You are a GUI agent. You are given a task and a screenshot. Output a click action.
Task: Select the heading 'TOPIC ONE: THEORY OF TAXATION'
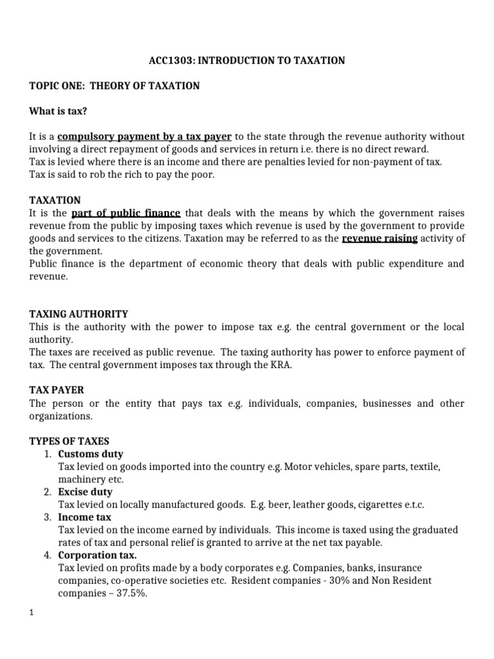tap(114, 86)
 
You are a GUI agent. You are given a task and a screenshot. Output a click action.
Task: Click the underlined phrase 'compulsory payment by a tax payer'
tap(144, 136)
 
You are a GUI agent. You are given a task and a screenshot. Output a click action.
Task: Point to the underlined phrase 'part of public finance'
tap(125, 213)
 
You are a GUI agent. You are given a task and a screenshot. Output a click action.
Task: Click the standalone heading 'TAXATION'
tap(55, 200)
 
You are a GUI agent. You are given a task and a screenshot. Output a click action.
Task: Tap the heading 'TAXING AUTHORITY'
tap(78, 314)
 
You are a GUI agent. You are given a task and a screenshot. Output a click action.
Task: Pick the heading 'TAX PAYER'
tap(57, 390)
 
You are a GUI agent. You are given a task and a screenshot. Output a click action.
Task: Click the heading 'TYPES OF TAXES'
tap(69, 441)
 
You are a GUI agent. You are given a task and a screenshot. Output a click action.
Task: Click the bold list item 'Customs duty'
tap(91, 454)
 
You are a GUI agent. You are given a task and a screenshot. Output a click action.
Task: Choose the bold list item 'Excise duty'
tap(85, 492)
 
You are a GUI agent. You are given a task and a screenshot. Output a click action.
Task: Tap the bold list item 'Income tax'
tap(84, 517)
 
